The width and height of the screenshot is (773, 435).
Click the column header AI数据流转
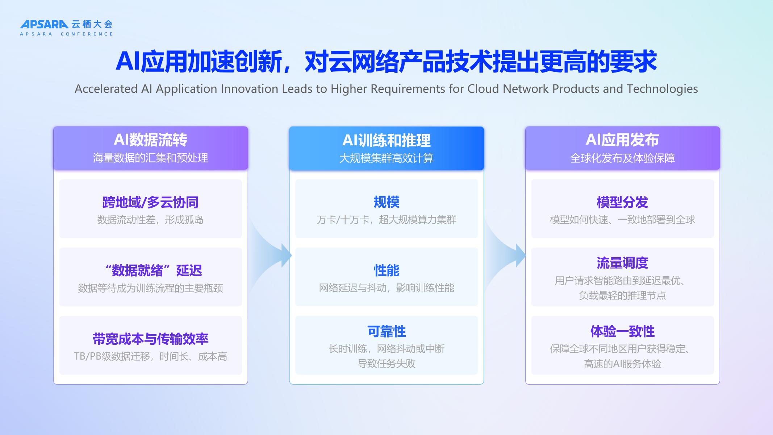(x=150, y=140)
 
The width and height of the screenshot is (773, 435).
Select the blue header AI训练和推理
(x=386, y=141)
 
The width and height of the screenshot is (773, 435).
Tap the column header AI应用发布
(x=622, y=140)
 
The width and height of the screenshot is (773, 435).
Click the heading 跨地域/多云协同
(x=150, y=202)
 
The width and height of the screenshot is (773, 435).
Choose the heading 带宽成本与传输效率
(x=150, y=339)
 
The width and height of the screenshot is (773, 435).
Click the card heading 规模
(x=386, y=202)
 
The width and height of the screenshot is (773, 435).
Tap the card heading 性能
(x=386, y=270)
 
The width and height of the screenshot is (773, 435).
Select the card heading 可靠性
(x=386, y=331)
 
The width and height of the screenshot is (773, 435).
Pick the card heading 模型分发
(x=622, y=202)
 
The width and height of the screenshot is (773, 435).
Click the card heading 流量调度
(x=622, y=263)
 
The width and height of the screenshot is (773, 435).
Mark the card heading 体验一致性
(x=622, y=331)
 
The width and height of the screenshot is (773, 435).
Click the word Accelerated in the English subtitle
(x=106, y=89)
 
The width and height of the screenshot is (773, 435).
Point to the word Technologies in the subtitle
(x=662, y=89)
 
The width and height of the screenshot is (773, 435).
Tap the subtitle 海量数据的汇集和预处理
(x=150, y=158)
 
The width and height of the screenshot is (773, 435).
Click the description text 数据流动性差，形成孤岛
(x=150, y=220)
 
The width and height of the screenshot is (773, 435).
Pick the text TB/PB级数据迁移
(x=112, y=356)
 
